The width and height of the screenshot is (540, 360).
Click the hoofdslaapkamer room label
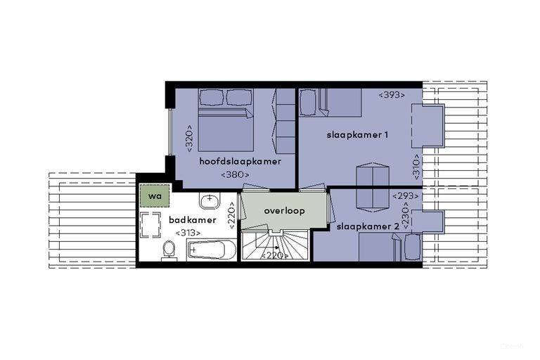coord(240,161)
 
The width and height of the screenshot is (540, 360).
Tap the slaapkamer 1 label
coord(357,135)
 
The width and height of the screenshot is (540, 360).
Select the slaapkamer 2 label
coord(368,226)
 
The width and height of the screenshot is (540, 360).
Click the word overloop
coord(284,210)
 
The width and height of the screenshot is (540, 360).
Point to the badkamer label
coord(193,220)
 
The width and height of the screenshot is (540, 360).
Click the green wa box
coord(155,195)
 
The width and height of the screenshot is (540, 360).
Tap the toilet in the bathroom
coord(169,250)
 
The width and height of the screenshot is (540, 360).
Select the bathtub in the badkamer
coord(212,250)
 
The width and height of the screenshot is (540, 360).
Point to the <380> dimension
coord(235,174)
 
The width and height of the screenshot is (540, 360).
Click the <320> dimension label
coord(189,138)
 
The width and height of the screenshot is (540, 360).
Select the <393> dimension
coord(392,95)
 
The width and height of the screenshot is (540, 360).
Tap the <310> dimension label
coord(416,167)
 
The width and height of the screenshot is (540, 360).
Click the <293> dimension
coord(406,196)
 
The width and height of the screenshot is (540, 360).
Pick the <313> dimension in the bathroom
coord(188,233)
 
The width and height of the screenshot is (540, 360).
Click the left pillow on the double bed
coord(212,98)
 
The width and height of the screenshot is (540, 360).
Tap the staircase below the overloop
coord(274,245)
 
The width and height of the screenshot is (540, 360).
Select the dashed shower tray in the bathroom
coord(150,225)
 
